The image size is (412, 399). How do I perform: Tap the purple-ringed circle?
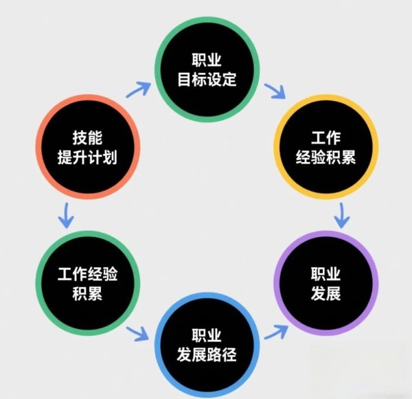click(325, 284)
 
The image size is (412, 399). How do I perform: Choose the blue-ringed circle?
click(206, 345)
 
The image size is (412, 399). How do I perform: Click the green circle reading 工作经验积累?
click(87, 284)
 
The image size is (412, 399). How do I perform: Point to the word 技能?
click(87, 136)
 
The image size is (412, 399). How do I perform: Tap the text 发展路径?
click(206, 355)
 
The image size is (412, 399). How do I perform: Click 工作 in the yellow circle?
click(325, 135)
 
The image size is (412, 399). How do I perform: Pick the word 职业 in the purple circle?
click(325, 274)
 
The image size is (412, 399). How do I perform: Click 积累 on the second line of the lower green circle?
click(87, 295)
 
